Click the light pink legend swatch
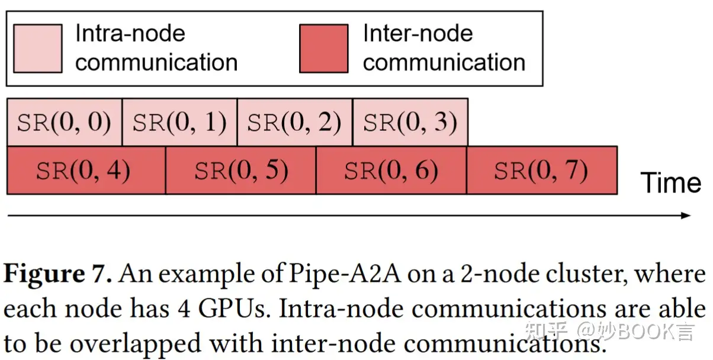[38, 49]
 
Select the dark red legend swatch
[324, 49]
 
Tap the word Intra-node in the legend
[130, 33]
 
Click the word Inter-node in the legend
[418, 33]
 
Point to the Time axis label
[671, 182]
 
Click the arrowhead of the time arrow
[685, 216]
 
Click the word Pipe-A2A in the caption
[345, 274]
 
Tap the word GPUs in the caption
[235, 308]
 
